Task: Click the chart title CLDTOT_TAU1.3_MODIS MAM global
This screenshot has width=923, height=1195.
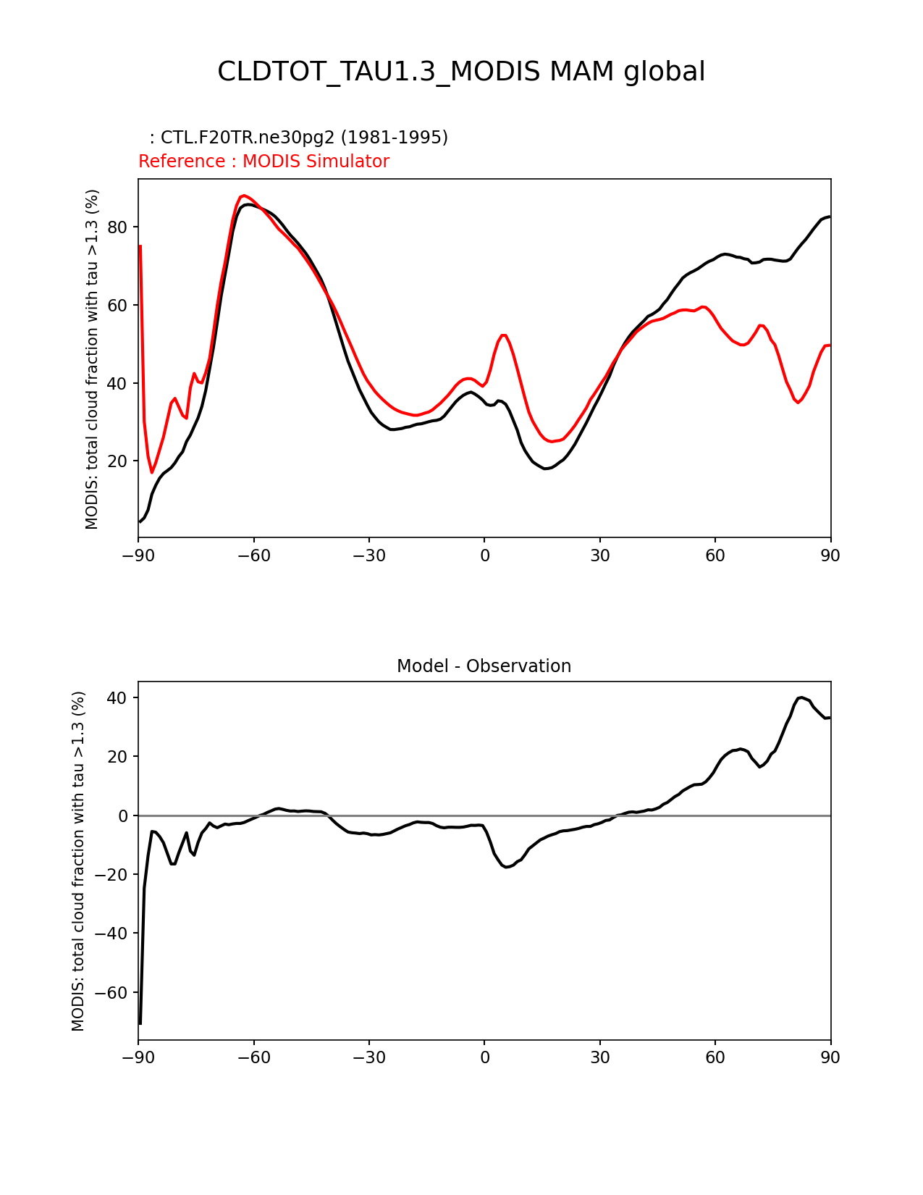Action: (461, 72)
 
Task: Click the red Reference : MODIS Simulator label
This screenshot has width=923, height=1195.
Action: (264, 162)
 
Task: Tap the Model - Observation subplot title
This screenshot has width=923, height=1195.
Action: (484, 666)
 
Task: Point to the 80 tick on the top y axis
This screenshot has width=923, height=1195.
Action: (117, 227)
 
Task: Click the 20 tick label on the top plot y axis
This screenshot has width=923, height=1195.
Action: (117, 461)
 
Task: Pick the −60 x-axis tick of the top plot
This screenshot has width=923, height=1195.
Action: (254, 556)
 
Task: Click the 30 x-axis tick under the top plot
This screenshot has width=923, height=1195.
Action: (600, 556)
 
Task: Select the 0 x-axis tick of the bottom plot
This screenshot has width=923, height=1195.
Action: (484, 1058)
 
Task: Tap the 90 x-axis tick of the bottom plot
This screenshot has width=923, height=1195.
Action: (830, 1058)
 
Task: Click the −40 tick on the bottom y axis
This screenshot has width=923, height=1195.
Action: (111, 934)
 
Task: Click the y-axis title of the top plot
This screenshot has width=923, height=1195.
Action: (92, 359)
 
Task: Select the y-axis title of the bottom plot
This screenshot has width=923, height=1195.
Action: (78, 861)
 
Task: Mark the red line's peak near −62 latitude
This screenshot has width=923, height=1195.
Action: (244, 196)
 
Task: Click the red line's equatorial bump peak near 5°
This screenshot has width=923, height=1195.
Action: (504, 335)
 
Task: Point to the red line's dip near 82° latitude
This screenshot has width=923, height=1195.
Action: (798, 403)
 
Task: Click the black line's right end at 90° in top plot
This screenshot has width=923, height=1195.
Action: (830, 217)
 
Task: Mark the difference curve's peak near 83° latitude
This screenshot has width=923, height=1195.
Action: (801, 697)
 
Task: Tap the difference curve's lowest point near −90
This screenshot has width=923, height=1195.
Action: (140, 1023)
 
